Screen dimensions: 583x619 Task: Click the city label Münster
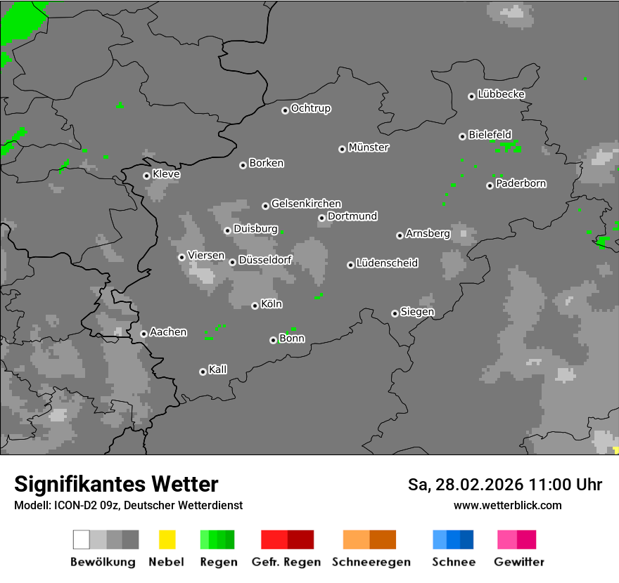tap(369, 148)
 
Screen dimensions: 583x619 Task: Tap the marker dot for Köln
tap(255, 306)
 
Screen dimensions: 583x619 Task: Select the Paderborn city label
tap(521, 183)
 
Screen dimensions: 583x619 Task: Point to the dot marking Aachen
tap(143, 334)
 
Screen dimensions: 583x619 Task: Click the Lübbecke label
tap(502, 94)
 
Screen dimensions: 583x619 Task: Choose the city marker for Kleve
tap(146, 176)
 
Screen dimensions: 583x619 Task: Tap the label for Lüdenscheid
tap(388, 263)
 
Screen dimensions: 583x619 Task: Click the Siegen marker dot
tap(395, 313)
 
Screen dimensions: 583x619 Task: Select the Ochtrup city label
tap(311, 109)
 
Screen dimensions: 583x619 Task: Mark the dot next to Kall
tap(203, 372)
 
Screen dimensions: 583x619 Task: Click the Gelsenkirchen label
tap(307, 204)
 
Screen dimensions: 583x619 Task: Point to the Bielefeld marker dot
tap(462, 136)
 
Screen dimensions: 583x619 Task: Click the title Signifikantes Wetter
tap(116, 484)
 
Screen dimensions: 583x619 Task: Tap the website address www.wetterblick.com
tap(508, 505)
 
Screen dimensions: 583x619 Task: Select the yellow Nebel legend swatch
tap(167, 539)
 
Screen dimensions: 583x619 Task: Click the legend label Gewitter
tap(519, 562)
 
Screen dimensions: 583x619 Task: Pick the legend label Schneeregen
tap(371, 562)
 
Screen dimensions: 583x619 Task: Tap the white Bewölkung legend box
tap(82, 539)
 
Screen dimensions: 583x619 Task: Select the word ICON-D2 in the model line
tap(71, 505)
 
